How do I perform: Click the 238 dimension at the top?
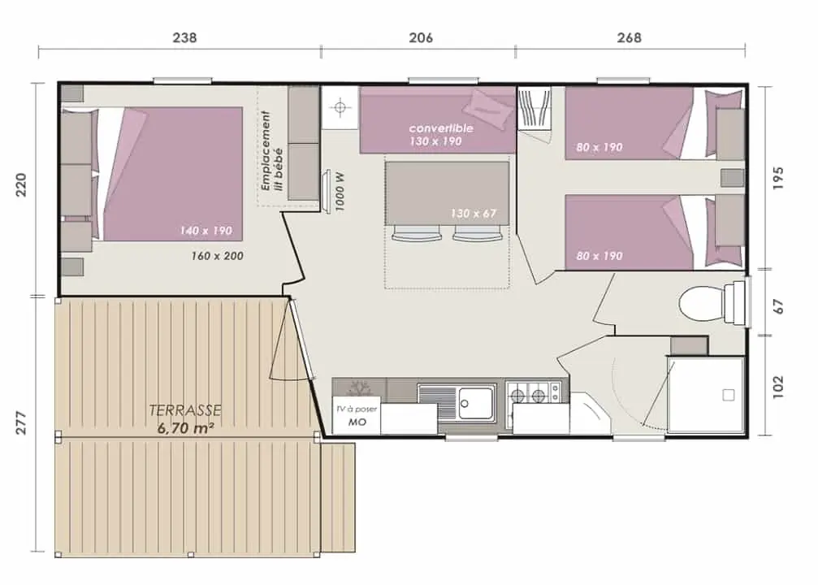point(184,37)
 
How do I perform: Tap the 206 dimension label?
point(421,37)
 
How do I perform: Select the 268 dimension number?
point(630,37)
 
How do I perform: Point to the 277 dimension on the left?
point(20,422)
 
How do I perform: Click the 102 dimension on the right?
point(778,387)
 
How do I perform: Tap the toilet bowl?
point(702,304)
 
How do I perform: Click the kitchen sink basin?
point(474,402)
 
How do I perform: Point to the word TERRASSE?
point(185,410)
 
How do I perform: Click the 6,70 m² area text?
point(186,428)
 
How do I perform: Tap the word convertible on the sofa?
point(441,128)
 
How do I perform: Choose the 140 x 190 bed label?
point(206,230)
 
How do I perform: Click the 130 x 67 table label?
point(473,213)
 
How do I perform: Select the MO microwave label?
point(357,422)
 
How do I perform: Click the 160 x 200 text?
point(217,256)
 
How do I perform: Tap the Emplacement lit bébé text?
point(272,151)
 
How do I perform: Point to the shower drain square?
point(729,395)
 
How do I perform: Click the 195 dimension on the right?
point(778,178)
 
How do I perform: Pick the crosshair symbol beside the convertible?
point(340,107)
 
